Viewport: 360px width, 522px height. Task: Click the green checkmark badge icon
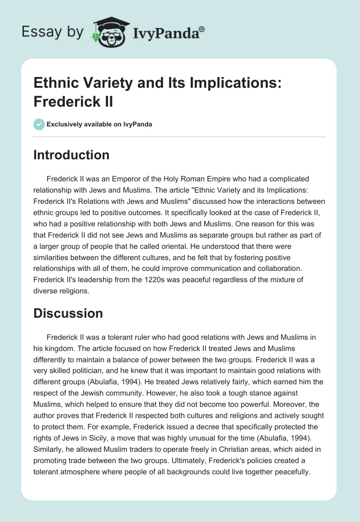click(x=39, y=124)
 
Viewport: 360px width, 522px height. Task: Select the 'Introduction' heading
click(x=72, y=155)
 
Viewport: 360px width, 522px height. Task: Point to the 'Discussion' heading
click(x=68, y=313)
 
